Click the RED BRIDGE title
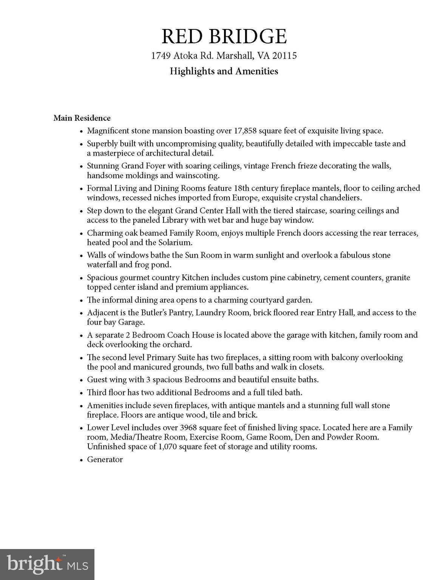224,36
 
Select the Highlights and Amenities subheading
224,71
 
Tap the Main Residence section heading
82,118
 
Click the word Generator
105,460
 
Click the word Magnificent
108,131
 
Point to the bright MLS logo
47,564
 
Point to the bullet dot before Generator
81,460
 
